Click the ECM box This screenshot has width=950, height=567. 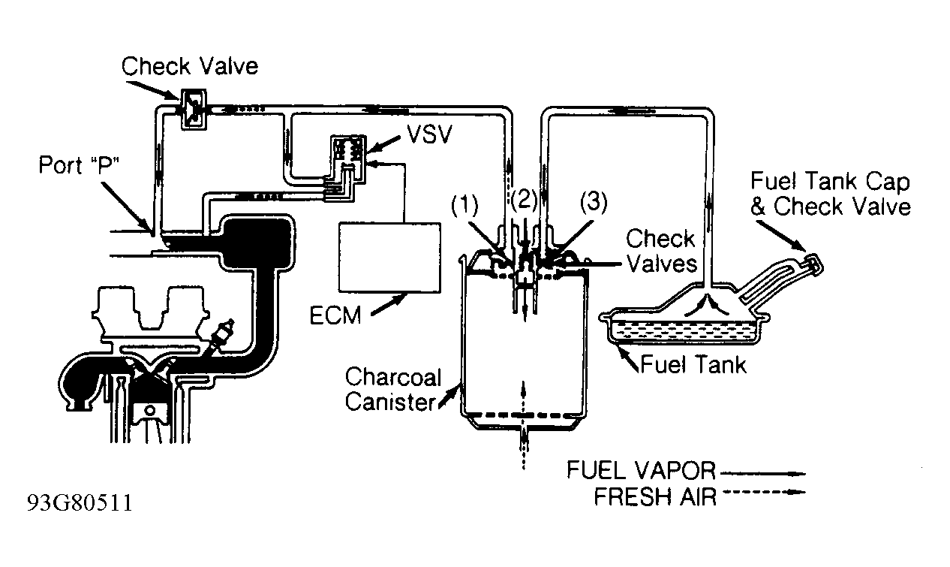pos(389,258)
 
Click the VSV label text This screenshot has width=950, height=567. pos(429,134)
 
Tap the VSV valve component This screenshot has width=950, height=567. pos(347,159)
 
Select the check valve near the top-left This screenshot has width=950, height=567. pos(194,110)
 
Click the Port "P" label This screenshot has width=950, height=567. pos(79,164)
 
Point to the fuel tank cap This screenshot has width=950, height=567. pos(812,264)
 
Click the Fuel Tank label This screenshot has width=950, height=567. pos(693,364)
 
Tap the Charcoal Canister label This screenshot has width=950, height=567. pos(392,389)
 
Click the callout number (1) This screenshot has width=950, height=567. pos(464,206)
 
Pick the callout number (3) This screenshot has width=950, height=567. pos(594,202)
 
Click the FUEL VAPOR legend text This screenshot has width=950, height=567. pos(641,470)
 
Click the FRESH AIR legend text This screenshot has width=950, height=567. pos(655,496)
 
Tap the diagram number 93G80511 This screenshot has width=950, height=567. pos(80,503)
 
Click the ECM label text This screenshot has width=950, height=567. pos(335,315)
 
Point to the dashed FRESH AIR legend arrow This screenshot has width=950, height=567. pos(764,493)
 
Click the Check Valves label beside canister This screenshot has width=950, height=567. pos(661,251)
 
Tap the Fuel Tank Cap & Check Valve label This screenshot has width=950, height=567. pos(831,194)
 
